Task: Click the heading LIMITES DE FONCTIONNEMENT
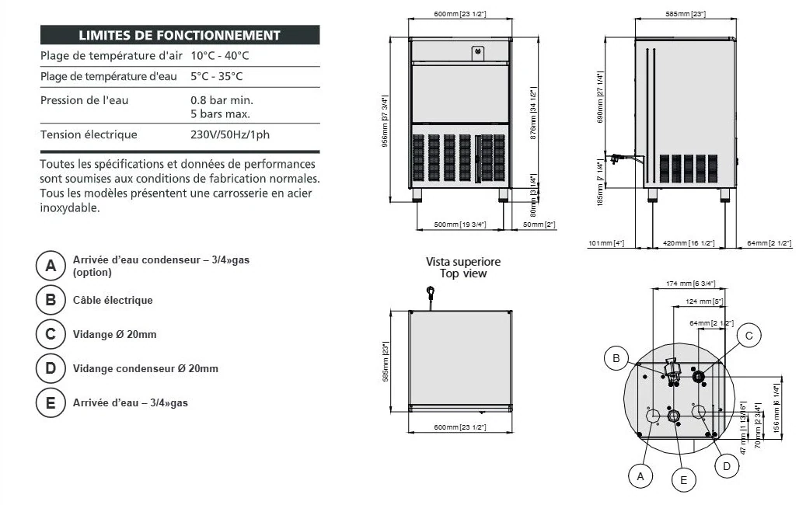(x=180, y=35)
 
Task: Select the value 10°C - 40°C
(x=219, y=56)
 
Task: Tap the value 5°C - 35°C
(x=216, y=76)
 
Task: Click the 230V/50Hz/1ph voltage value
(x=230, y=134)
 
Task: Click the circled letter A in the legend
(x=51, y=266)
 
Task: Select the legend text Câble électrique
(x=113, y=300)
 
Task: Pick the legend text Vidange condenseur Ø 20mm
(x=145, y=368)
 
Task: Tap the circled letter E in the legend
(x=51, y=402)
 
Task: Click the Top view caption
(x=463, y=273)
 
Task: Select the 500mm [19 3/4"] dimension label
(x=459, y=225)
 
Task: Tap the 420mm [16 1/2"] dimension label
(x=684, y=244)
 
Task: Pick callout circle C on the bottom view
(x=748, y=335)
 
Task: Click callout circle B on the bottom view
(x=616, y=357)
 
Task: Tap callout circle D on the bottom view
(x=726, y=465)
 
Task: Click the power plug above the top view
(x=428, y=294)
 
